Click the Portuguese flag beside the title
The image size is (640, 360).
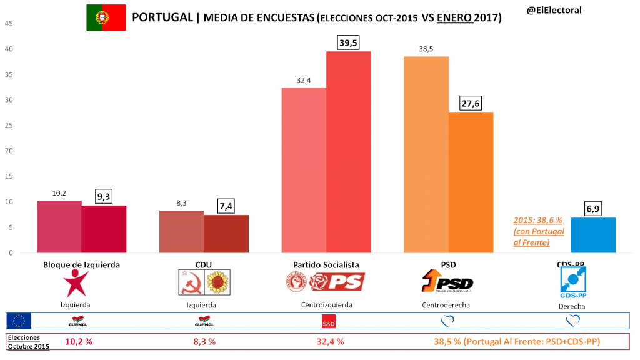106,18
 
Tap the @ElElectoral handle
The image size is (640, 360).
554,10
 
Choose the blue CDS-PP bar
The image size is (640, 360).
593,235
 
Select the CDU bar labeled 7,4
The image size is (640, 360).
226,234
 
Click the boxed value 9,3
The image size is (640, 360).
104,196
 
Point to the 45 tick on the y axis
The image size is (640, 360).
9,24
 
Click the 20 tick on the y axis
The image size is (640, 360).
9,151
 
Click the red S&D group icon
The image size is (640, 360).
328,322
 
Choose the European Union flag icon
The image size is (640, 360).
19,321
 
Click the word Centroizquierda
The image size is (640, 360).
322,305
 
